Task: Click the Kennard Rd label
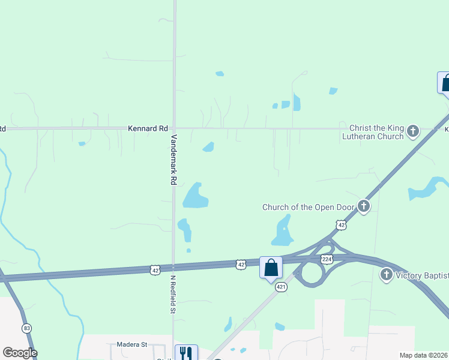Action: (x=148, y=128)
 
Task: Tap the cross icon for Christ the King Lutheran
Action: (x=413, y=131)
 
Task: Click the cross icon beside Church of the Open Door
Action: (x=363, y=206)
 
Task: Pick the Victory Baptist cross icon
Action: (x=386, y=275)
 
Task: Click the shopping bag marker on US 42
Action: (x=271, y=267)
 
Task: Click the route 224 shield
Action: (x=326, y=259)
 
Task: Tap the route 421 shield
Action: (x=280, y=288)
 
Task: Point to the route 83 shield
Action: (x=27, y=328)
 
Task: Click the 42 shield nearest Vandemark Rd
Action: (x=155, y=270)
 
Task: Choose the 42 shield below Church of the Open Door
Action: (x=341, y=225)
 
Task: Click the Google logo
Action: (x=20, y=353)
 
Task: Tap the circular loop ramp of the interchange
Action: (x=311, y=274)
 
